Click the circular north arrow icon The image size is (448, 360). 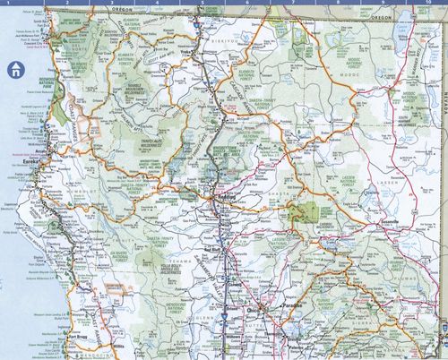(x=14, y=67)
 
